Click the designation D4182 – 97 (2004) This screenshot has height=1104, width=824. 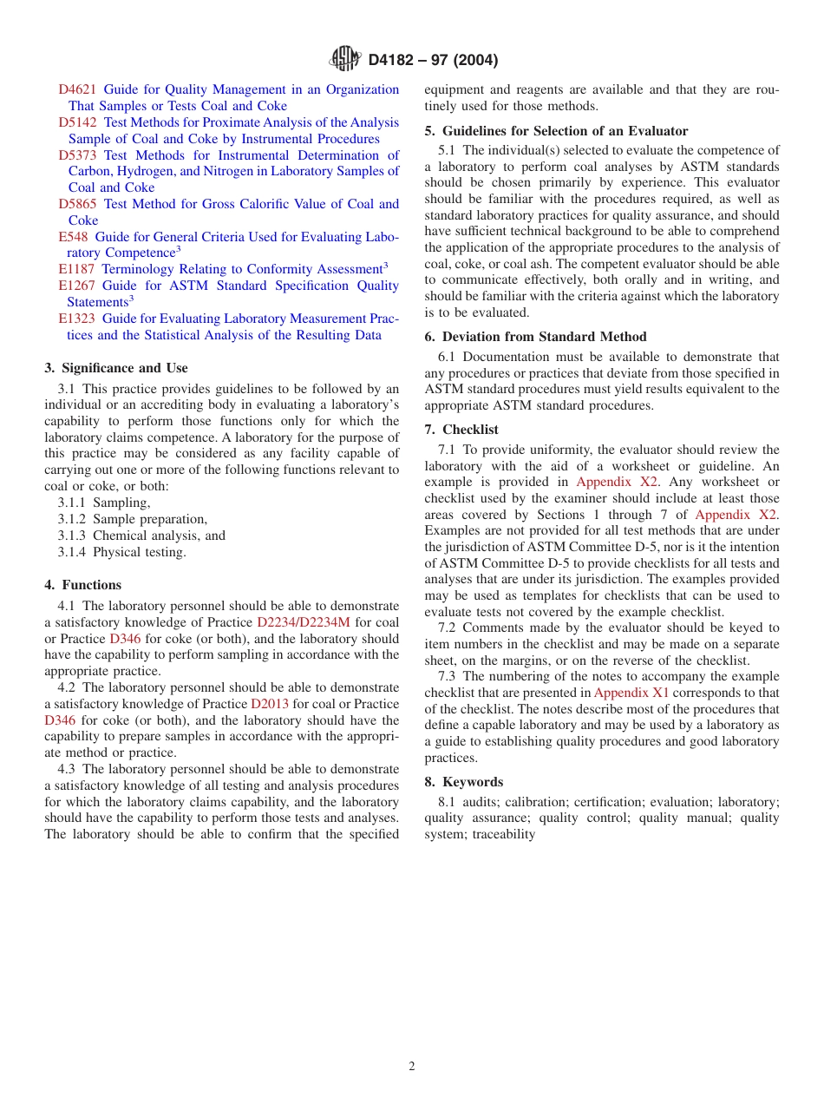coord(433,61)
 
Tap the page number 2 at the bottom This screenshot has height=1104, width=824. coord(412,1067)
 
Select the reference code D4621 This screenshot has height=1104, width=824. coord(77,89)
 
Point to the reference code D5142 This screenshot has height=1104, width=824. coord(77,122)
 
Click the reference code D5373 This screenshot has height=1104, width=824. coord(77,155)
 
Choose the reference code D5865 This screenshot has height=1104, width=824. coord(77,204)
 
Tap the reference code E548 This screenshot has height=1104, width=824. coord(73,237)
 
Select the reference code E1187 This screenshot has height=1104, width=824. coord(76,269)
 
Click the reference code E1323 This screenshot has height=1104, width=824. coord(76,319)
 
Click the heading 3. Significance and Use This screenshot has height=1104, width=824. coord(116,368)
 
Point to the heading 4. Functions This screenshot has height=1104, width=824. coord(83,585)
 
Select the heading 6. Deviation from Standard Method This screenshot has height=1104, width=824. coord(535,337)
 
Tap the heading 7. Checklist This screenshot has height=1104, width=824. coord(461,430)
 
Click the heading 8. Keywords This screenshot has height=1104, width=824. coord(463,782)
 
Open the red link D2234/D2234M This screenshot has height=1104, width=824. coord(304,622)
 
